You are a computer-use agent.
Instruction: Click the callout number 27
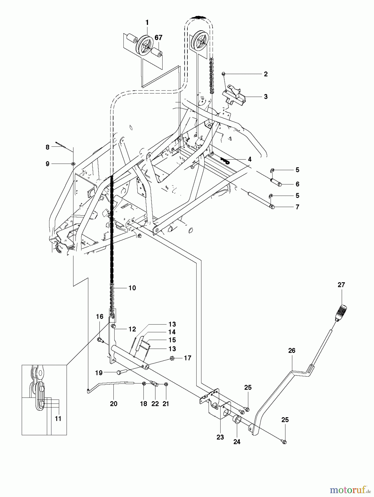coord(341,285)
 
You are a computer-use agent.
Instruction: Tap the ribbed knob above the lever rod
coord(341,311)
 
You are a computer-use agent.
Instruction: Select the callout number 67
coord(158,38)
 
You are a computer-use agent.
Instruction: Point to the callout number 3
coord(266,97)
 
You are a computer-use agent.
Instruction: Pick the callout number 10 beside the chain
coord(132,288)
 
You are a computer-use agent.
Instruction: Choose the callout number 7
coord(297,207)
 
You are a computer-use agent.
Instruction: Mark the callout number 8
coord(47,147)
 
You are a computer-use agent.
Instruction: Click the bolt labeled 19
coord(121,372)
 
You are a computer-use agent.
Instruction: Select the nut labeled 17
coord(172,358)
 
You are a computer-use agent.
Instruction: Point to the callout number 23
coord(220,437)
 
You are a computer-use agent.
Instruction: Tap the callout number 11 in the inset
coord(58,419)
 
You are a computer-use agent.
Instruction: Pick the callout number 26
coord(291,350)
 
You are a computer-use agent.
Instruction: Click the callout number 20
coord(113,404)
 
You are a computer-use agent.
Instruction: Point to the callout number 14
coord(172,332)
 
